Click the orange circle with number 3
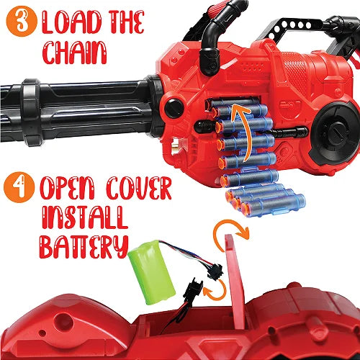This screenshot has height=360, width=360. tap(22, 21)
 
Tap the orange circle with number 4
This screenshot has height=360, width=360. tap(19, 187)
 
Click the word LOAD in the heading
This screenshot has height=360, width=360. tap(72, 22)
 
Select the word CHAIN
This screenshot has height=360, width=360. tap(74, 53)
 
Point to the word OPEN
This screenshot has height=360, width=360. tap(68, 188)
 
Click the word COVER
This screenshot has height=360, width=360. tap(139, 188)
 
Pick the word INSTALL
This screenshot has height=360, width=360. tap(84, 217)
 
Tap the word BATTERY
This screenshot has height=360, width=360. tap(84, 247)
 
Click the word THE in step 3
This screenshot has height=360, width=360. tap(127, 22)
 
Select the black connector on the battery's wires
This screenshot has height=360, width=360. tap(215, 272)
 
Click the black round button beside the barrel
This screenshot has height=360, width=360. tap(174, 108)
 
